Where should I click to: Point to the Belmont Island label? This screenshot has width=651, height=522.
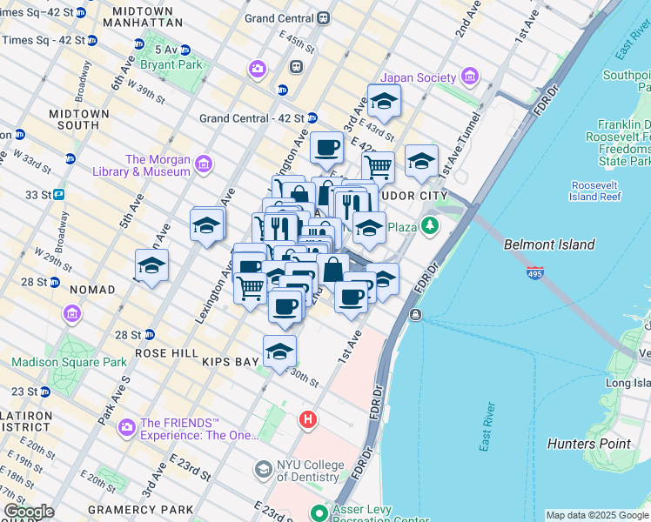click(549, 245)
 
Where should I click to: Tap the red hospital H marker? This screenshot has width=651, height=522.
click(307, 420)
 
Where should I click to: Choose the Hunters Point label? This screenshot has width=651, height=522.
click(588, 444)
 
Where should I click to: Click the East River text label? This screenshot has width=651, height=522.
click(487, 427)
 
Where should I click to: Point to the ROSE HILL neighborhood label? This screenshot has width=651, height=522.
click(168, 353)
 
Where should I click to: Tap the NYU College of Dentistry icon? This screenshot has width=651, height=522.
click(262, 470)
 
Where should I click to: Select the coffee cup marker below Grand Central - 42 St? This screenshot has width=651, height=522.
click(326, 148)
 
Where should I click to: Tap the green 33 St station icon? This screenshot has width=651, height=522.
click(60, 194)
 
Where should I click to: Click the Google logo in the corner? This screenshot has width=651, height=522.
click(29, 512)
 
